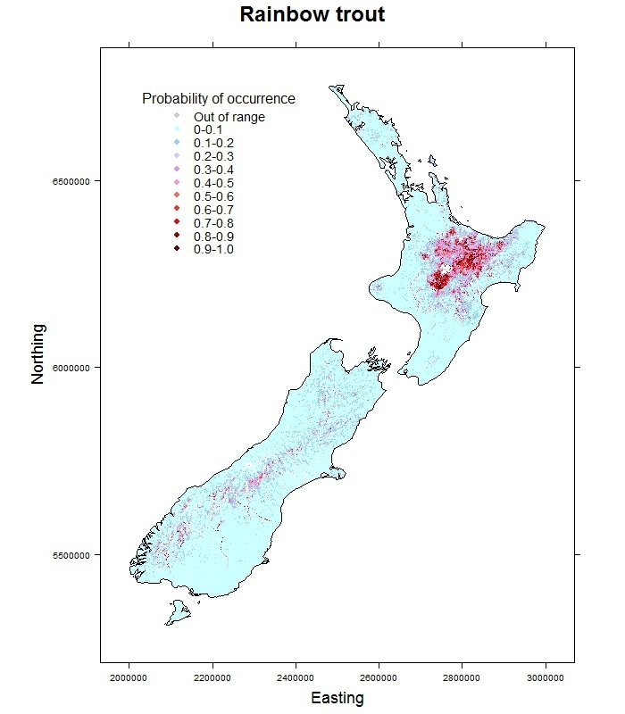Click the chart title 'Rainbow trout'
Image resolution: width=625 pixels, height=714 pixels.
tap(312, 15)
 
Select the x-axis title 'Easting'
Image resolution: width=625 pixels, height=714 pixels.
tap(337, 698)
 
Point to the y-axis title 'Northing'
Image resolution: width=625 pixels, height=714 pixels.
tap(37, 366)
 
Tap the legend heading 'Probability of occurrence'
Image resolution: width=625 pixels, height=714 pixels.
tap(219, 98)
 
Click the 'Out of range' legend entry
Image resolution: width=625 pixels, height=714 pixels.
tap(229, 117)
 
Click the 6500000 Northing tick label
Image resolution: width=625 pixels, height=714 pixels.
tap(68, 181)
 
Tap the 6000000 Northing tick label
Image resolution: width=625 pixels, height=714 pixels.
tap(68, 368)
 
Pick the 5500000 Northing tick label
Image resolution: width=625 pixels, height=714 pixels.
tap(68, 554)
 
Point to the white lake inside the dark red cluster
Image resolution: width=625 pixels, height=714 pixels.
tap(446, 269)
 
